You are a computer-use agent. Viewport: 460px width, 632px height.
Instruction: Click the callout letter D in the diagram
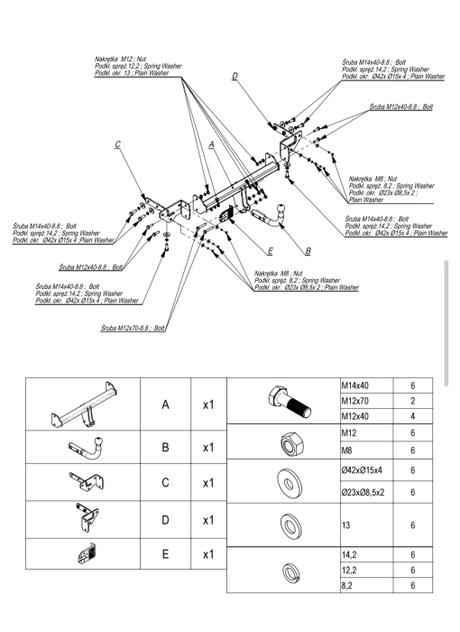coord(235,75)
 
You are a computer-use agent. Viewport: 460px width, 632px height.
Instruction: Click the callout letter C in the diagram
coord(117,144)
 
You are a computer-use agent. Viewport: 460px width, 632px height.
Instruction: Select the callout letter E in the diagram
coord(271,251)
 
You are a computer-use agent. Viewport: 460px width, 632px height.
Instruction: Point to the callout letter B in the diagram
coord(308,251)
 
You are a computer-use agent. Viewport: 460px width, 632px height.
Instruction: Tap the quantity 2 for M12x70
coord(413,401)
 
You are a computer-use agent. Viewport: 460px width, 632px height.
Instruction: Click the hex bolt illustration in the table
coord(290,401)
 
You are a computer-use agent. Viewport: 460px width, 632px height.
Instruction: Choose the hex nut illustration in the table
coord(291,442)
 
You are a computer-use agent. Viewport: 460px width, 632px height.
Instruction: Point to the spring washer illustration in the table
coord(290,572)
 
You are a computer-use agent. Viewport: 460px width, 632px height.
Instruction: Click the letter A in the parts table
coord(166,404)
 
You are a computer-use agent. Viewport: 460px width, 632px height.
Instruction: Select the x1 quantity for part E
coord(208,554)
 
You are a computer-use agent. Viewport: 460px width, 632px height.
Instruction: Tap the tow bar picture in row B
coord(87,447)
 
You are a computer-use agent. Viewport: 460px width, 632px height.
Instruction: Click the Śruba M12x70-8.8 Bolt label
coord(133,328)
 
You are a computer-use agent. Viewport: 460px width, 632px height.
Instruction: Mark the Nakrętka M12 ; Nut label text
coord(121,60)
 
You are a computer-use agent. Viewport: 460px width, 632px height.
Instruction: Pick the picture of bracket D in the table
coord(87,518)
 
